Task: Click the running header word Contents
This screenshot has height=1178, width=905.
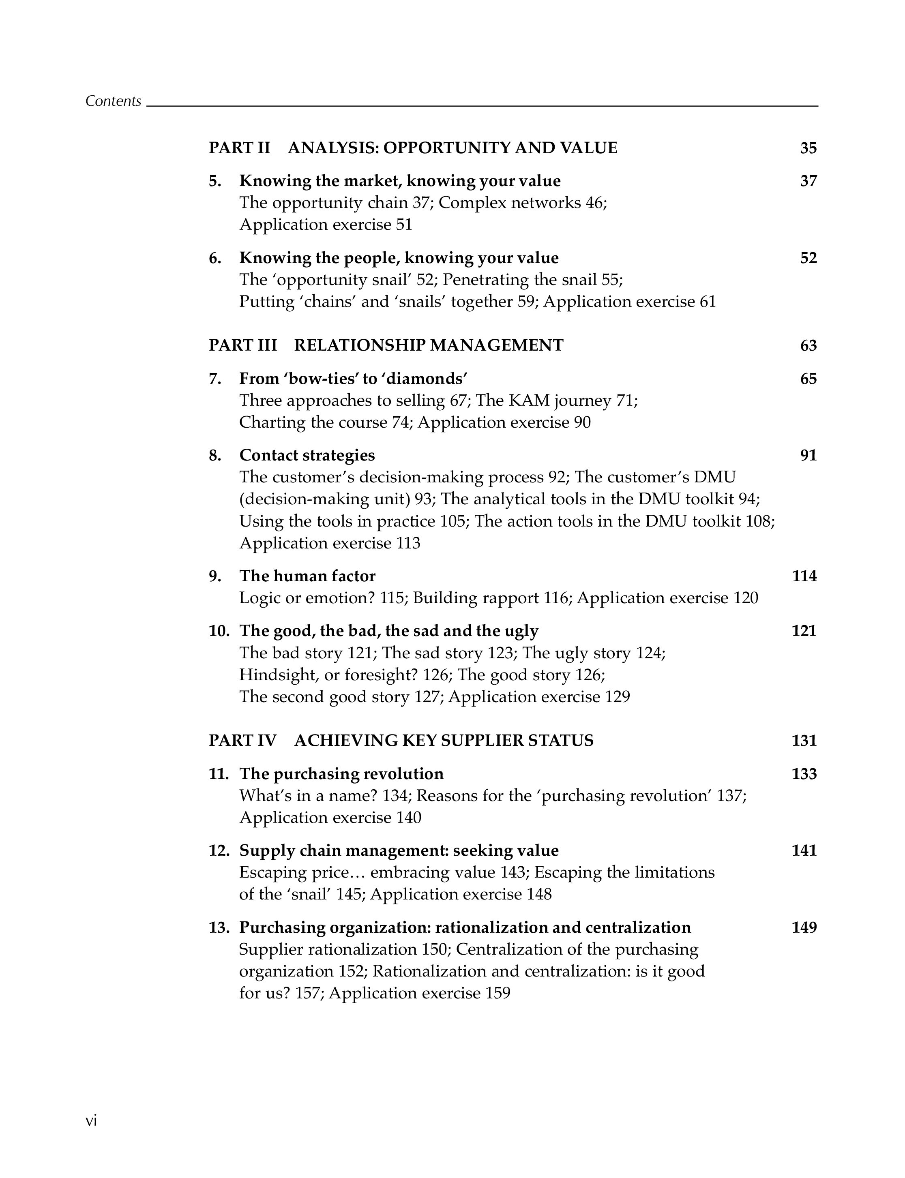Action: (113, 101)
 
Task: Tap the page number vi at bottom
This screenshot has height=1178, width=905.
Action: (91, 1120)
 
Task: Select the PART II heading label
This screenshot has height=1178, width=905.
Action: (239, 148)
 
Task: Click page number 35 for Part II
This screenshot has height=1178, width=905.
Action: (808, 148)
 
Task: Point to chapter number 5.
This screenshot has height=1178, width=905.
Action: (214, 181)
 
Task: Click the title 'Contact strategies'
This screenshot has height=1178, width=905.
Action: (307, 455)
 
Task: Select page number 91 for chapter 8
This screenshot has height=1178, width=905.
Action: (808, 455)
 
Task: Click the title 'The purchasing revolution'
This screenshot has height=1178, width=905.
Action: (341, 773)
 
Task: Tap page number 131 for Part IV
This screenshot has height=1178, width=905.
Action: (804, 741)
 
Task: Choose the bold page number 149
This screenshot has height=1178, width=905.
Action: (804, 927)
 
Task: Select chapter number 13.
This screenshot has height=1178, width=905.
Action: (219, 927)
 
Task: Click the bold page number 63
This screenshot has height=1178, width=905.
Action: (808, 345)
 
